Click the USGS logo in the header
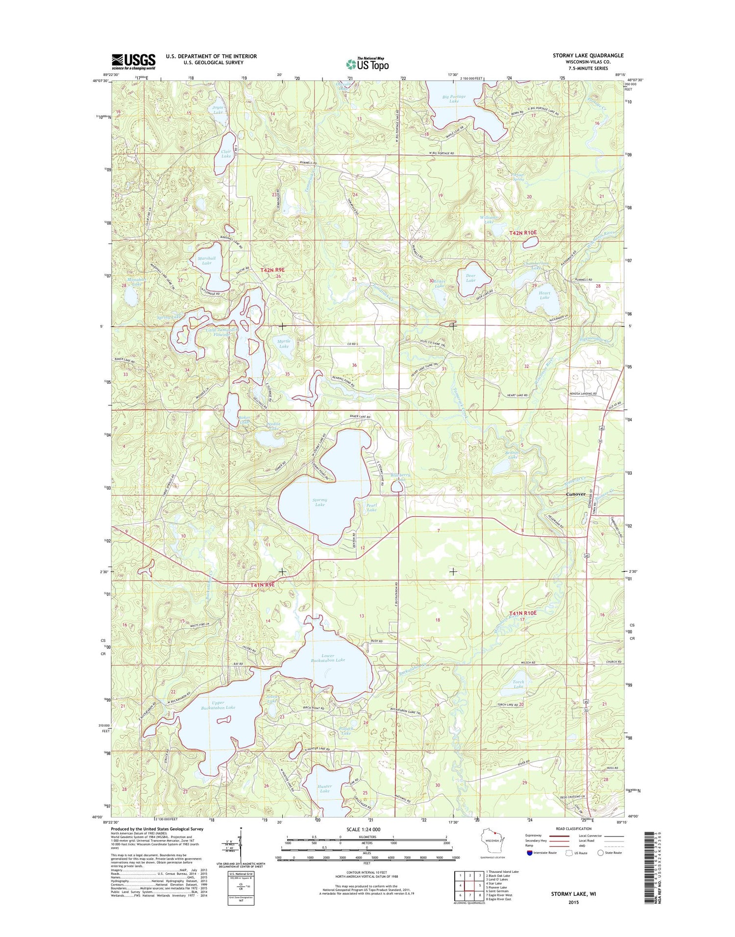coord(133,61)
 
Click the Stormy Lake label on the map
coord(319,502)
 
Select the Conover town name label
coord(575,494)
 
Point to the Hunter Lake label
coord(324,789)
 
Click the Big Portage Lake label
coord(454,99)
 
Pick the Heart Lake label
coord(544,295)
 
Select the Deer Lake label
coord(470,278)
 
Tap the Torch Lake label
coord(518,684)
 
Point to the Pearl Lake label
coord(371,507)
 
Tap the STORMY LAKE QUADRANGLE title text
coord(588,55)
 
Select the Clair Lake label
coord(226,154)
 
